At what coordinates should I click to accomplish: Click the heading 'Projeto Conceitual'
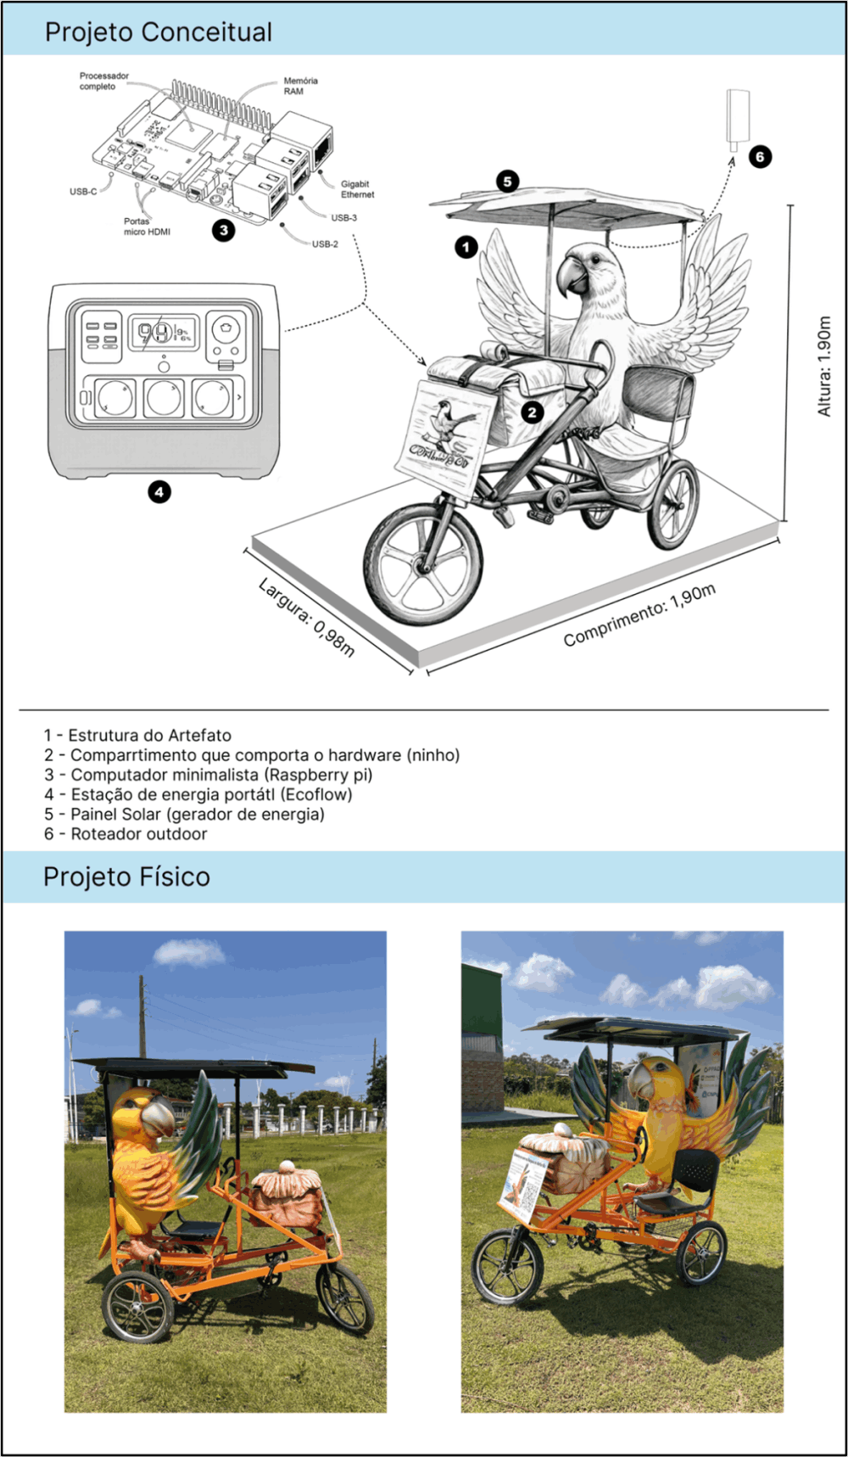coord(159,32)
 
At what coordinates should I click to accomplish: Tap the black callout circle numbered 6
coord(760,156)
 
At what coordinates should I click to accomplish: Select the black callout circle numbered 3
coord(223,230)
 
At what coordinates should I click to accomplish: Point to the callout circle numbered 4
coord(159,491)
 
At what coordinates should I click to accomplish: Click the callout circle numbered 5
coord(507,181)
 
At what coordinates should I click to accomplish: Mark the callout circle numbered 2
coord(533,412)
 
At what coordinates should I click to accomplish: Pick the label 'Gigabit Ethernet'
coord(357,189)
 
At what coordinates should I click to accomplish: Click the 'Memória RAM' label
coord(300,86)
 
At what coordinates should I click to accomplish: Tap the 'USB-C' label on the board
coord(83,192)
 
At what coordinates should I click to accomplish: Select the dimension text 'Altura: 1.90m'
coord(823,366)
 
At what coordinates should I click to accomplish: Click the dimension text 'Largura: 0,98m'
coord(306,617)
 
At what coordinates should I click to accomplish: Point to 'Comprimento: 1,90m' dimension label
coord(639,614)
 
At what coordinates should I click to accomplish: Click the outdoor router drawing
coord(738,116)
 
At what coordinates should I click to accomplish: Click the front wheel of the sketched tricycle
coord(423,564)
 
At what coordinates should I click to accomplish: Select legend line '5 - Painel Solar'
coord(184,814)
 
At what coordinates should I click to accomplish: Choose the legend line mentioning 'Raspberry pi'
coord(208,775)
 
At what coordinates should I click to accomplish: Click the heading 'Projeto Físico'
coord(126,877)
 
